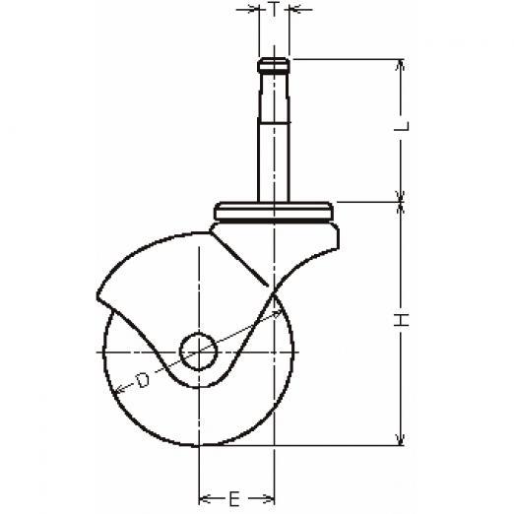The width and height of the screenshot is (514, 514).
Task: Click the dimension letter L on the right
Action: tap(402, 126)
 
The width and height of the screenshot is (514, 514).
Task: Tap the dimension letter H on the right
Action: tap(402, 320)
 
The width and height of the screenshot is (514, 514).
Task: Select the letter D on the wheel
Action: tap(143, 380)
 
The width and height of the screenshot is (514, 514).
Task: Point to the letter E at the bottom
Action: tap(233, 499)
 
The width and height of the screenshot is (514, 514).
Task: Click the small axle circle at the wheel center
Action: tap(199, 352)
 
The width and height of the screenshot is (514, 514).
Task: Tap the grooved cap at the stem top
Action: tap(274, 65)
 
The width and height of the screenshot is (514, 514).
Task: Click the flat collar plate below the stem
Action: tap(274, 211)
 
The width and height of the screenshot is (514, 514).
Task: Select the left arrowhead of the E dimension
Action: tap(204, 499)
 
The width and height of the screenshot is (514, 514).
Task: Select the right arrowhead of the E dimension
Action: tap(269, 499)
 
